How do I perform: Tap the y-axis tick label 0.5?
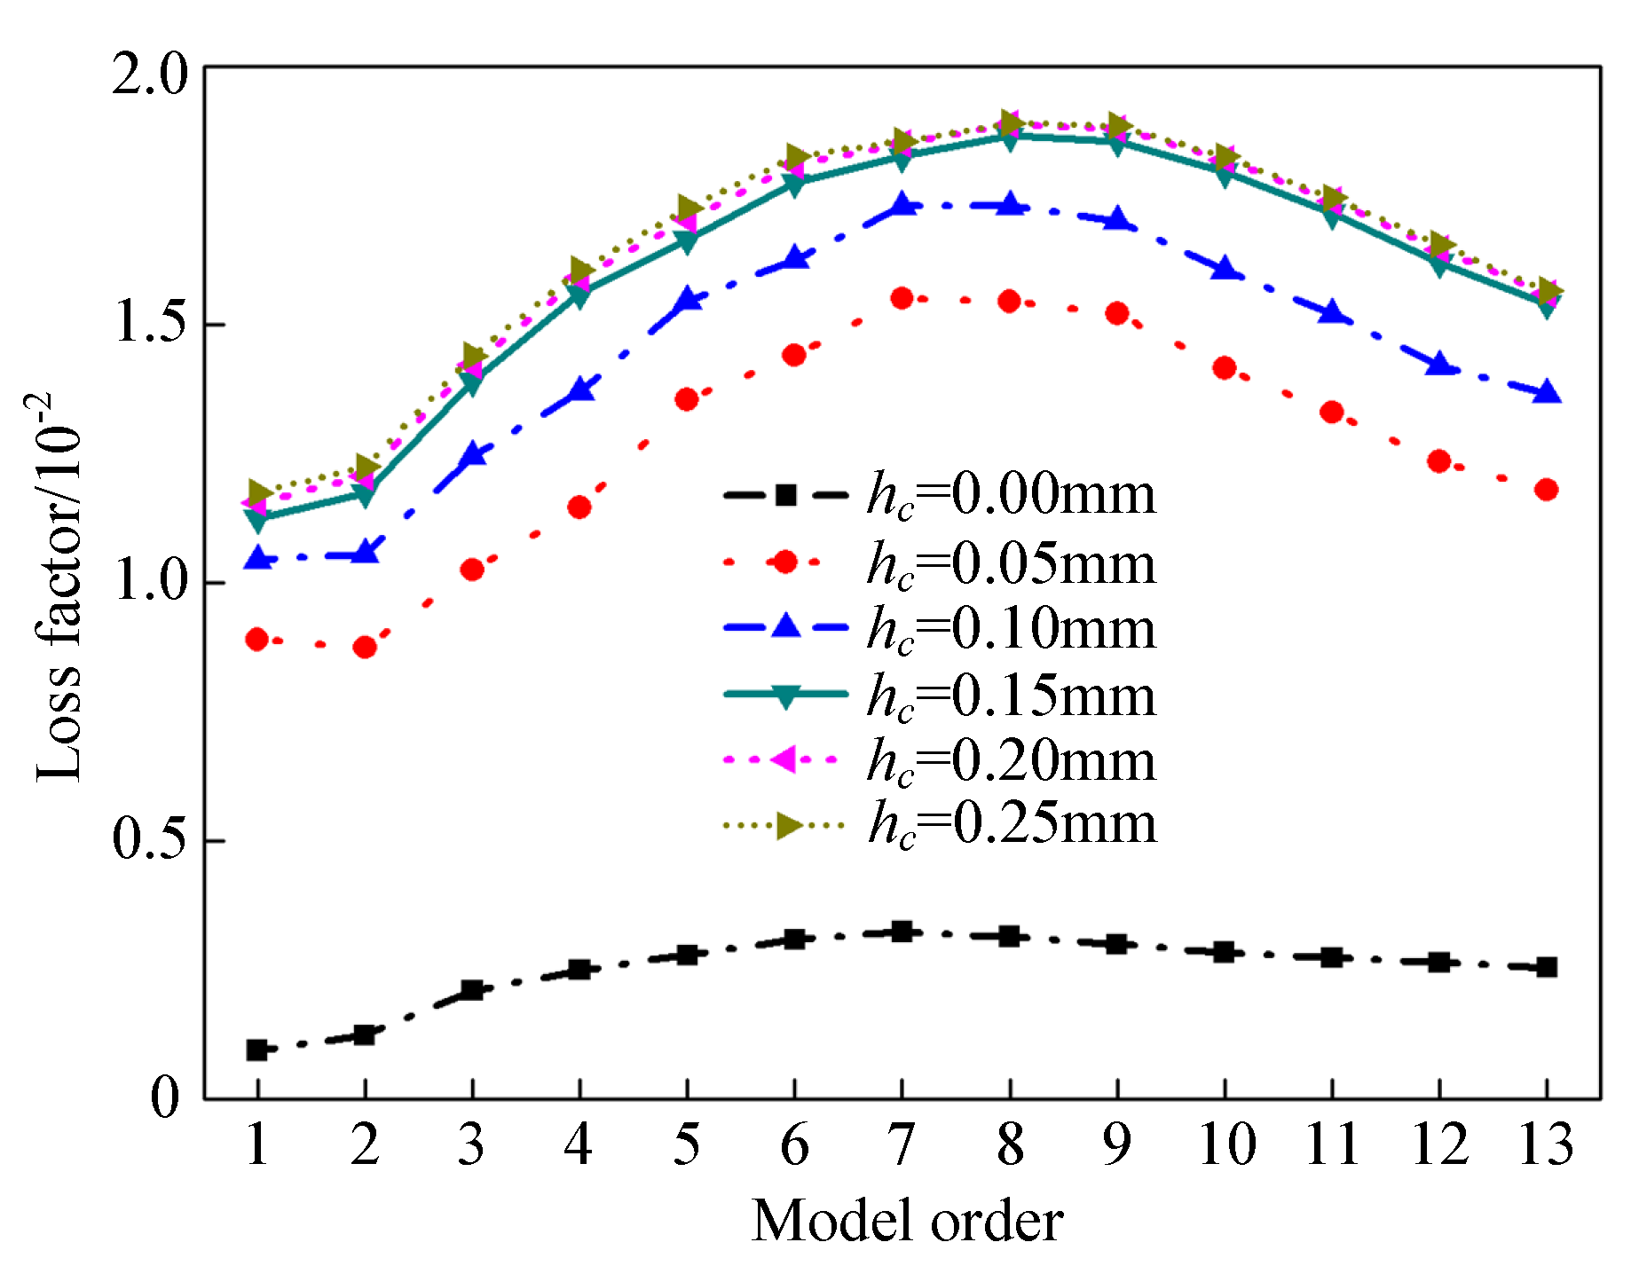151,839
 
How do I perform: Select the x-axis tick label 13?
1546,1144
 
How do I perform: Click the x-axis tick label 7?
902,1144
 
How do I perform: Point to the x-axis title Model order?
907,1221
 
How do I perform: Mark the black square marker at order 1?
257,1050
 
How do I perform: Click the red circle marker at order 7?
902,298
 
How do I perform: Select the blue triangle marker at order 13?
1547,391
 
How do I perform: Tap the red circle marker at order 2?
365,647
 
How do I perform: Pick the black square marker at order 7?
902,932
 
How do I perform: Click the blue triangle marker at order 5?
687,300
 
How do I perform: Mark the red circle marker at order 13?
1546,490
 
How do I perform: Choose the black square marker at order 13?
1547,967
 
